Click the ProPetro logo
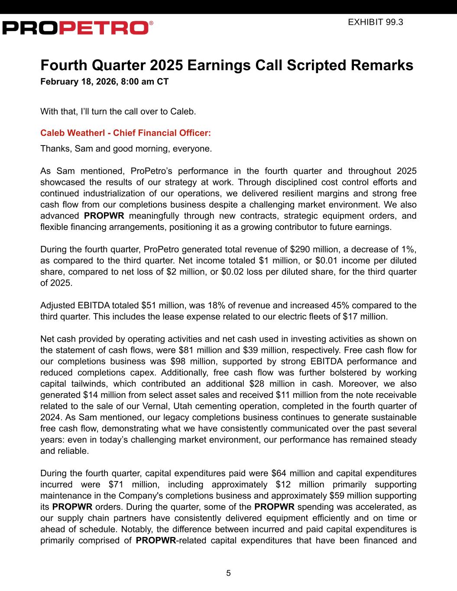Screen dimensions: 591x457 coord(77,27)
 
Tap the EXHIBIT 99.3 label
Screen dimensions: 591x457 coord(376,22)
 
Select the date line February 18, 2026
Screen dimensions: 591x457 coord(104,81)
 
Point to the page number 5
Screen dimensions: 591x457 coord(228,573)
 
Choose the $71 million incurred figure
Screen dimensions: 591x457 coord(130,484)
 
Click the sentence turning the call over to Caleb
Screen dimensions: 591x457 coord(118,111)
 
